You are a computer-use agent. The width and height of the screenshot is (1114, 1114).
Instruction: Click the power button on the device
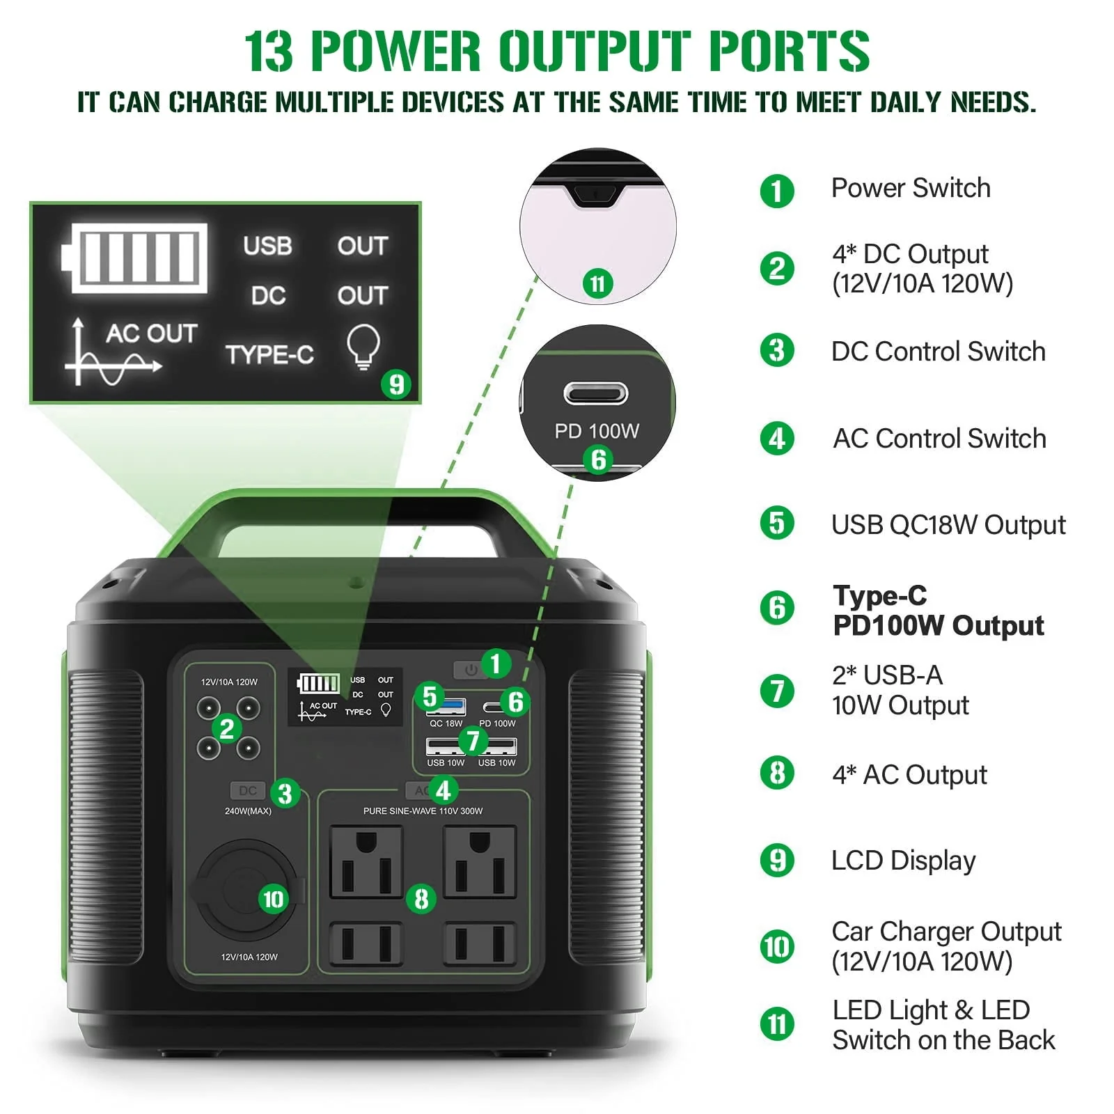[471, 669]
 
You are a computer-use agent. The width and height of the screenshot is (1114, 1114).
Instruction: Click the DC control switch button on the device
[248, 790]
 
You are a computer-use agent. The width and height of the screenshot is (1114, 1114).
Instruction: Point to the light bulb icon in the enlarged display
[363, 346]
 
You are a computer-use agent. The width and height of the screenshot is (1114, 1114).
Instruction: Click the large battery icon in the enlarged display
[135, 258]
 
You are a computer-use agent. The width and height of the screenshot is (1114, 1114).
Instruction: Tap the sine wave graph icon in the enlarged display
[113, 352]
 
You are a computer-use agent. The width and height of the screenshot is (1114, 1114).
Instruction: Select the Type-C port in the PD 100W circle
[596, 393]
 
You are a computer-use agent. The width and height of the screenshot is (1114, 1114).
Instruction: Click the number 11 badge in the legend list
[777, 1025]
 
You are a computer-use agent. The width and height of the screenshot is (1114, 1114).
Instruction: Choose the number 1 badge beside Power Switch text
[777, 191]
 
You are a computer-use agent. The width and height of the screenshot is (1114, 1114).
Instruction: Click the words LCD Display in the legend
[903, 861]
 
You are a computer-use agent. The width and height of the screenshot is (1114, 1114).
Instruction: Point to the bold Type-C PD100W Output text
[938, 611]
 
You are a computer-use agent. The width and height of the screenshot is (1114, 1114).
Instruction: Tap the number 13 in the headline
[269, 52]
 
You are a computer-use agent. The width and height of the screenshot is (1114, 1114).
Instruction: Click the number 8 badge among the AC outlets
[421, 898]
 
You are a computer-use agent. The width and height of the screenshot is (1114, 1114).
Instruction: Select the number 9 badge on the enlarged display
[396, 384]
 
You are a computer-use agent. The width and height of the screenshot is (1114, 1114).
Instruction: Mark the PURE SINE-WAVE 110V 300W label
[423, 811]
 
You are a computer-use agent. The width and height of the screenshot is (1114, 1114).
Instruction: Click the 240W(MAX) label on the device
[248, 811]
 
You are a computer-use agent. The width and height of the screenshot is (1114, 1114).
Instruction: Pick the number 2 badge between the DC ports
[226, 729]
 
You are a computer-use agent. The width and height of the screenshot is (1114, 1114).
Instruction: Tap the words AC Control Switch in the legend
[939, 439]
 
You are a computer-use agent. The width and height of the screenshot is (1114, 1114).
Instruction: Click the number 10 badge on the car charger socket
[274, 899]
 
